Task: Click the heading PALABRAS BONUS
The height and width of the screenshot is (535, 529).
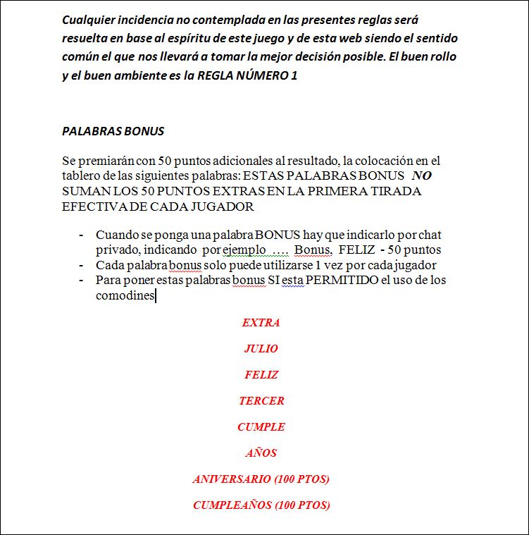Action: pyautogui.click(x=113, y=131)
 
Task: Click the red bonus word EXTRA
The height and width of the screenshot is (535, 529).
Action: pyautogui.click(x=261, y=323)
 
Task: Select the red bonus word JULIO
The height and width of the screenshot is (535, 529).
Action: pyautogui.click(x=261, y=349)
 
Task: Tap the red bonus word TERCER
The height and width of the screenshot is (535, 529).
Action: pyautogui.click(x=261, y=401)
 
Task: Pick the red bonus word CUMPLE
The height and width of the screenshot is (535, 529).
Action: pyautogui.click(x=261, y=427)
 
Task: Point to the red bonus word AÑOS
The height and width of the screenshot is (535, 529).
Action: pyautogui.click(x=261, y=453)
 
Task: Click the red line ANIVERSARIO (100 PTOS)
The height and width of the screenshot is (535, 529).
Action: pyautogui.click(x=261, y=479)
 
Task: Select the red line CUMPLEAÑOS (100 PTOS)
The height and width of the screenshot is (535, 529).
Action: pyautogui.click(x=261, y=505)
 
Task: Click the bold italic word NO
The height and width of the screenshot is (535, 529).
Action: pyautogui.click(x=421, y=176)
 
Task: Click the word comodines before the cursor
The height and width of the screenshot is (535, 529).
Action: pyautogui.click(x=125, y=296)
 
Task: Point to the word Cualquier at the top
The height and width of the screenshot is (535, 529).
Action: pyautogui.click(x=89, y=20)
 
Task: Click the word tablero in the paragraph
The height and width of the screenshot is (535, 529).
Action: pyautogui.click(x=82, y=176)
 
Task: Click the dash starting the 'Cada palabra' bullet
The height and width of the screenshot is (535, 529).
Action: pyautogui.click(x=82, y=266)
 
